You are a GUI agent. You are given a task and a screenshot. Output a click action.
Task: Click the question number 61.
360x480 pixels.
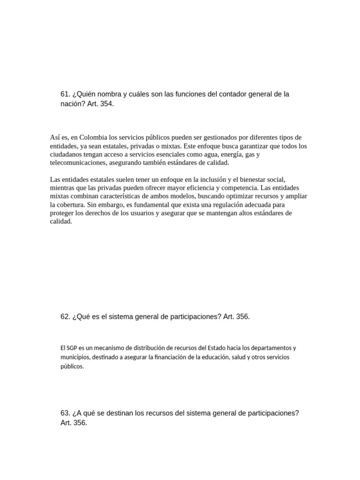65,94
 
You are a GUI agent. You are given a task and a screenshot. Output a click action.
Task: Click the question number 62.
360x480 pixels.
65,317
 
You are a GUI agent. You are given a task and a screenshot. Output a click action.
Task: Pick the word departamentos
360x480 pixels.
271,348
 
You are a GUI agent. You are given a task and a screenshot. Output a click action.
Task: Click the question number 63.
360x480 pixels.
65,413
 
